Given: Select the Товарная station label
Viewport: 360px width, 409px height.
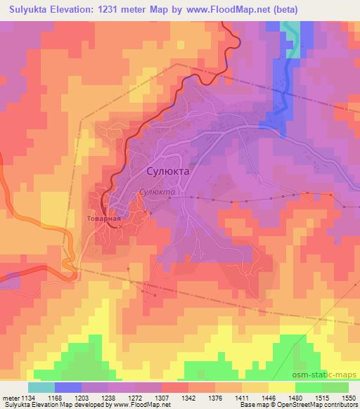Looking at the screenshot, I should [x=104, y=219].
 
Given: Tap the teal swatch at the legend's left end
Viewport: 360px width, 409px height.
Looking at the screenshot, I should [x=41, y=387].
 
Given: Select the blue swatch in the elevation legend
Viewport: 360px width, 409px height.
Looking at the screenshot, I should [x=67, y=387].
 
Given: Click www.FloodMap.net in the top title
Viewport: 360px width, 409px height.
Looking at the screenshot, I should [x=233, y=10].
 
